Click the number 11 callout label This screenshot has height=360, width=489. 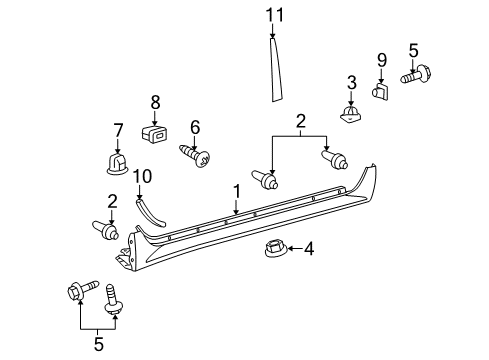[x=275, y=14]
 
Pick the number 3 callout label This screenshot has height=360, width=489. [x=351, y=82]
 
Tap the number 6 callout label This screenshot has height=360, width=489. [x=196, y=126]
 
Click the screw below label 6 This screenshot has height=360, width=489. [x=194, y=156]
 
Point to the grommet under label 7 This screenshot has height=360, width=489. [x=118, y=162]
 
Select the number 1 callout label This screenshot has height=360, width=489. [x=236, y=190]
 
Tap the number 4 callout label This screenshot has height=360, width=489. [x=308, y=248]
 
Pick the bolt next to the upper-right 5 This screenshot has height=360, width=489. [x=414, y=76]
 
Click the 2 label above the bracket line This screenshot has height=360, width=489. [x=298, y=121]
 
